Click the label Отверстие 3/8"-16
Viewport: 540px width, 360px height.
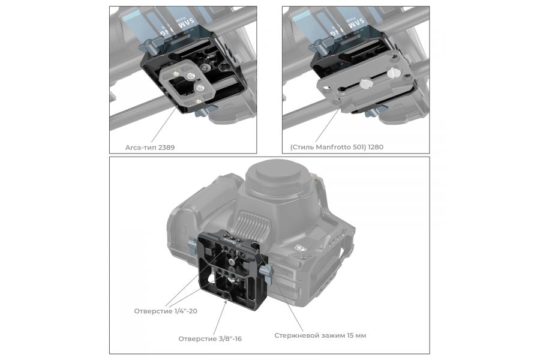pos(209,339)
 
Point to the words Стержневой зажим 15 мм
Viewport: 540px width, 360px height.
pos(320,335)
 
